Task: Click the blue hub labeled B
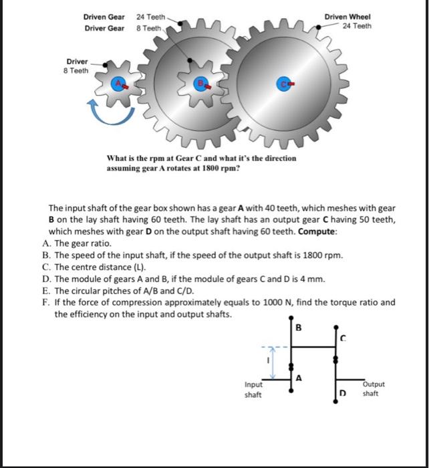coord(200,84)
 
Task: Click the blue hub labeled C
coord(285,84)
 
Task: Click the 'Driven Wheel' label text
coord(347,17)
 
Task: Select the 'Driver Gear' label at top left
coord(104,29)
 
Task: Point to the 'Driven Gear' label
coord(104,17)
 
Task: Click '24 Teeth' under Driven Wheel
coord(357,26)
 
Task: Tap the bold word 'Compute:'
coord(317,231)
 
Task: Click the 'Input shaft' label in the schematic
coord(254,389)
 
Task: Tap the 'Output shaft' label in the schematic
coord(372,389)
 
